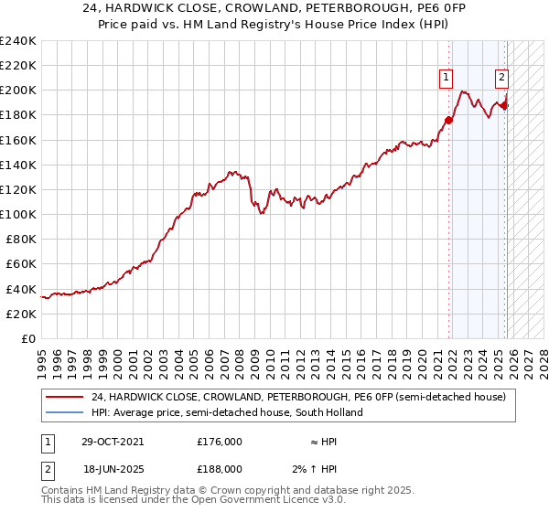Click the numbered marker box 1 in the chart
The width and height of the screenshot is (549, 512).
(446, 79)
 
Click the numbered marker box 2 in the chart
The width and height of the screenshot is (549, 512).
(502, 79)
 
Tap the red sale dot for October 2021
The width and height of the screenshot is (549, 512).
(449, 120)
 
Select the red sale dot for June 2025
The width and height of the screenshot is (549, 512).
(504, 105)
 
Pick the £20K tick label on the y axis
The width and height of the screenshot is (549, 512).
(20, 314)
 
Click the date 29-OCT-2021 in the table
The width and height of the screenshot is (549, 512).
(112, 441)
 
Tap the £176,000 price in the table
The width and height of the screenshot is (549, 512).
(220, 441)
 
